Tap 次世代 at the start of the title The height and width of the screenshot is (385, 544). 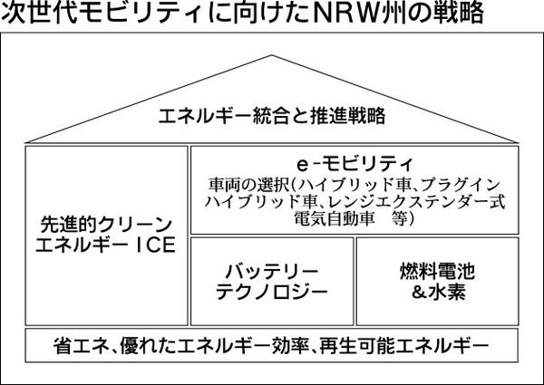tap(35, 15)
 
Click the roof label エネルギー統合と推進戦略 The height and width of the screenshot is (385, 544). tap(272, 116)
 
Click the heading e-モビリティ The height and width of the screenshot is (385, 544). tap(355, 164)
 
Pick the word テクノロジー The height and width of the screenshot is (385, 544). tap(272, 291)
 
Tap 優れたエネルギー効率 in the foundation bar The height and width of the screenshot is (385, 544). tap(224, 346)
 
